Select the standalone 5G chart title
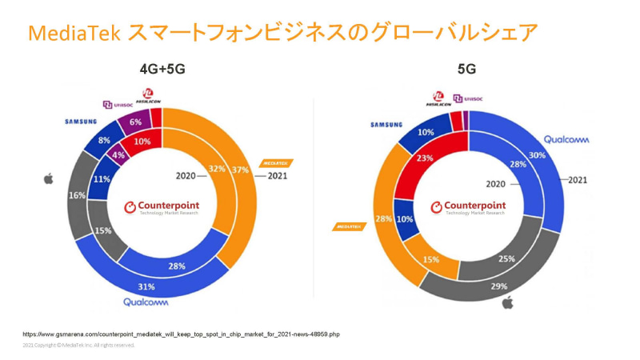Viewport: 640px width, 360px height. [466, 70]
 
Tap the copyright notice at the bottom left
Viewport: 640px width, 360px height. [78, 346]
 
